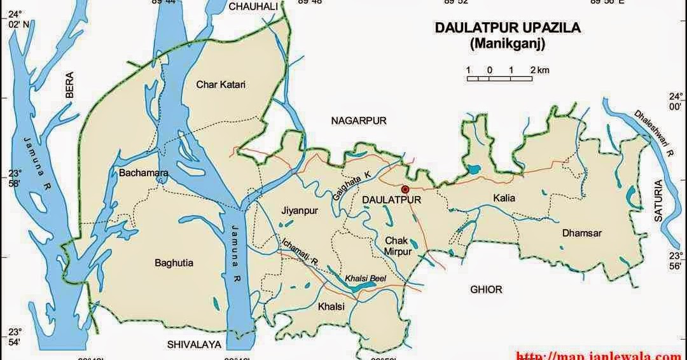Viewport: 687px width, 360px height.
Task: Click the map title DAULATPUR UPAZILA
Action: click(508, 29)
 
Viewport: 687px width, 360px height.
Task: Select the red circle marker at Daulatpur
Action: click(405, 189)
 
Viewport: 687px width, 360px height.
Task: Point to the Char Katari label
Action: click(221, 84)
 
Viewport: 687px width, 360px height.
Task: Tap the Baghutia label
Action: click(174, 262)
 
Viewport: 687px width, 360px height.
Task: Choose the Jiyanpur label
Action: click(299, 210)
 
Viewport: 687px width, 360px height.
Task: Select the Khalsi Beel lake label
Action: click(365, 279)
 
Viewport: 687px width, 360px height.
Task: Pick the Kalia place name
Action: click(504, 198)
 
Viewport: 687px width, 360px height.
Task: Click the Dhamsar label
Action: click(581, 233)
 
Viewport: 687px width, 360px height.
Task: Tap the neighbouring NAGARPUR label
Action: click(358, 120)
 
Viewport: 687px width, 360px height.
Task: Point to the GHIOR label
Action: click(486, 289)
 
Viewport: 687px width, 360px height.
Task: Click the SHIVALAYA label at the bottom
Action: click(193, 344)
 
